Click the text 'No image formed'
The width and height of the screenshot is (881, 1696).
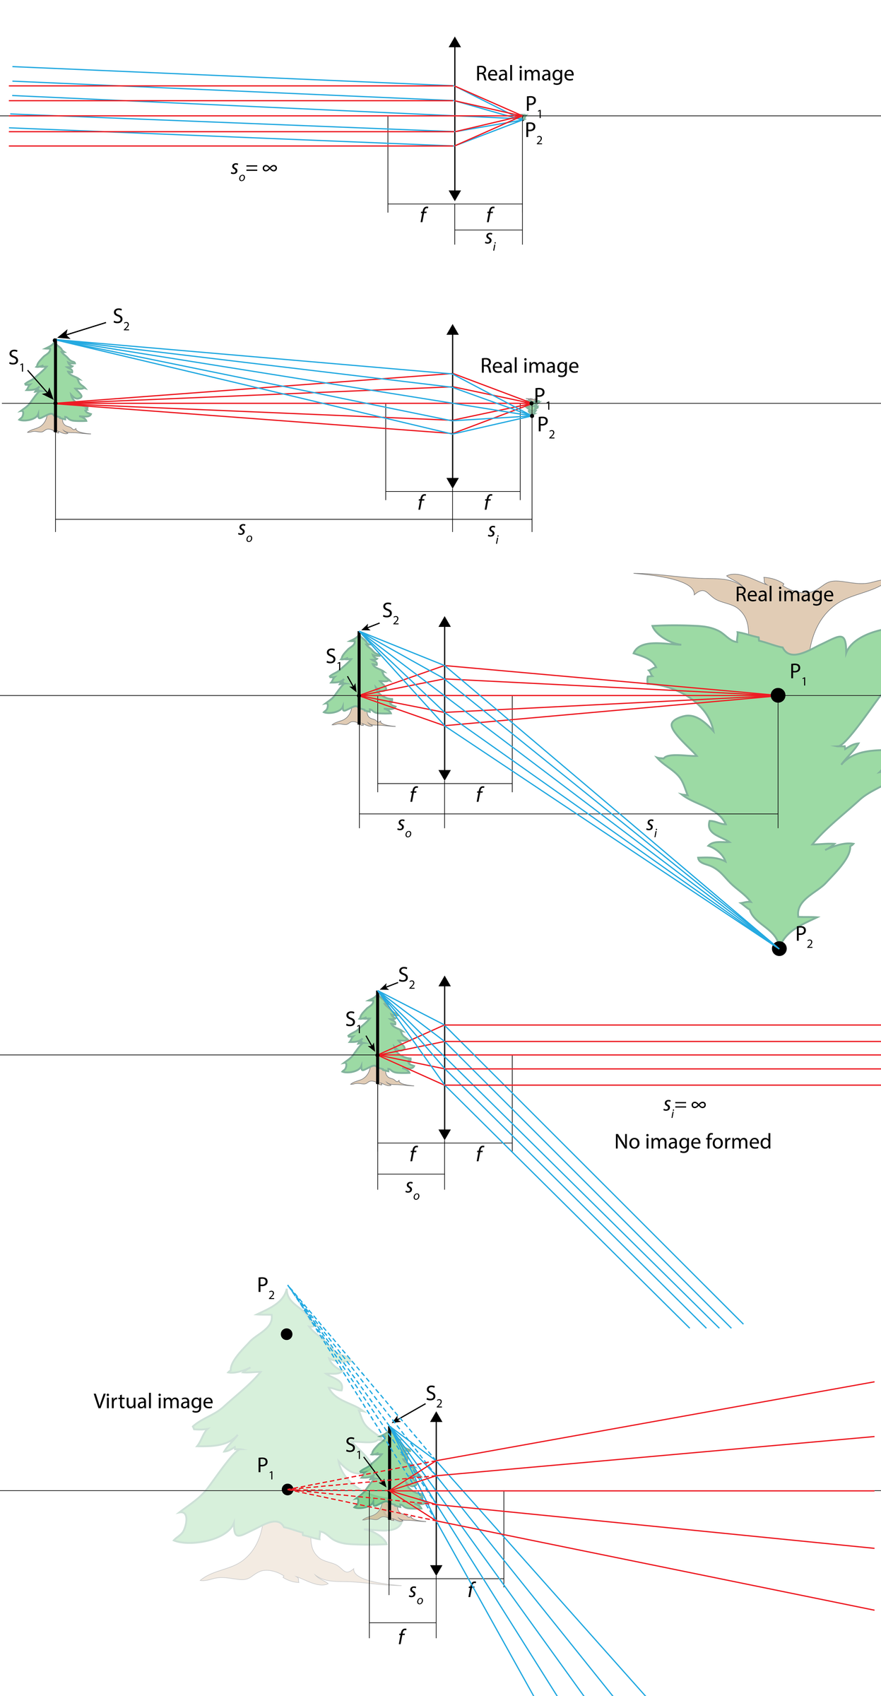[x=692, y=1141]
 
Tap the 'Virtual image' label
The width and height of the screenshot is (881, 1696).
[x=153, y=1401]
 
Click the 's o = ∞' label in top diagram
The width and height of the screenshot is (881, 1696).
[x=254, y=169]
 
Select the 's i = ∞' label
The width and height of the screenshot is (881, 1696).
[x=684, y=1105]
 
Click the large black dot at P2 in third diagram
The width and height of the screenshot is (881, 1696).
[x=779, y=948]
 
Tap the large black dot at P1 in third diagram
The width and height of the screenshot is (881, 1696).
[x=778, y=695]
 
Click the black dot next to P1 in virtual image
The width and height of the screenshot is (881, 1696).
[x=288, y=1489]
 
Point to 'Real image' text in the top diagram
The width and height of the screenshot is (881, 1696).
[x=524, y=73]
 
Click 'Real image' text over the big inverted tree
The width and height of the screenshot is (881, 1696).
[x=784, y=594]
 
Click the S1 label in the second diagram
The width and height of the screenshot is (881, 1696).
[x=16, y=359]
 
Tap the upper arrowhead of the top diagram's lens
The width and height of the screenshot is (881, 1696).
[x=455, y=42]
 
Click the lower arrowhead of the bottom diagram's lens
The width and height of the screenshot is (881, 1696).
[x=436, y=1570]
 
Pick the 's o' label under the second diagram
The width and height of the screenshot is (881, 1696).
[x=244, y=531]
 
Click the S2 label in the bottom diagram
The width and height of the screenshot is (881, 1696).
[x=434, y=1394]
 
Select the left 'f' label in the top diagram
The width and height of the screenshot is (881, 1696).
[x=422, y=215]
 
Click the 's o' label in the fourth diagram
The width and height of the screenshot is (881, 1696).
[x=412, y=1189]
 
